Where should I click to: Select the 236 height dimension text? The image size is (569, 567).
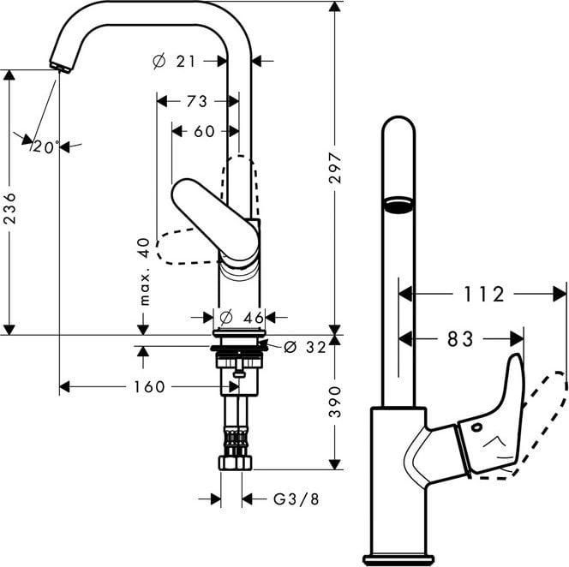[x=9, y=208]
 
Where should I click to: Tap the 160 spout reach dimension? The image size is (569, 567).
[x=149, y=386]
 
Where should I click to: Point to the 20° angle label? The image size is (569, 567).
[x=46, y=146]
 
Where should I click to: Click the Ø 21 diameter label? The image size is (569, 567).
[x=174, y=61]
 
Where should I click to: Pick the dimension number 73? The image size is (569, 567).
[x=197, y=101]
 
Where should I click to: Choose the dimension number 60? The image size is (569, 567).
[x=204, y=131]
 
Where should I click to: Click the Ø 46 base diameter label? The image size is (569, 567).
[x=242, y=318]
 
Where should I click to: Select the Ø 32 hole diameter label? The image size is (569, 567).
[x=305, y=347]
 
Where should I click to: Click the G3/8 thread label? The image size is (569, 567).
[x=296, y=499]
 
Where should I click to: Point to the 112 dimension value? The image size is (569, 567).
[x=484, y=294]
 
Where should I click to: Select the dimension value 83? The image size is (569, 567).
[x=460, y=339]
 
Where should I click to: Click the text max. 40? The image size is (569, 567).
[x=145, y=271]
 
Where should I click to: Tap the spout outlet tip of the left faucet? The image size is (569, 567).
[x=59, y=68]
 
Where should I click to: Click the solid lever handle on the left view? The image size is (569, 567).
[x=215, y=220]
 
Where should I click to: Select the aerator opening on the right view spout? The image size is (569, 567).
[x=398, y=205]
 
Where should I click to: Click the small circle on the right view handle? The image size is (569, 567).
[x=476, y=427]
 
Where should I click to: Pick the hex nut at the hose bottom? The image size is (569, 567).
[x=236, y=463]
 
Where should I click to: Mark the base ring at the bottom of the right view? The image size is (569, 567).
[x=398, y=559]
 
